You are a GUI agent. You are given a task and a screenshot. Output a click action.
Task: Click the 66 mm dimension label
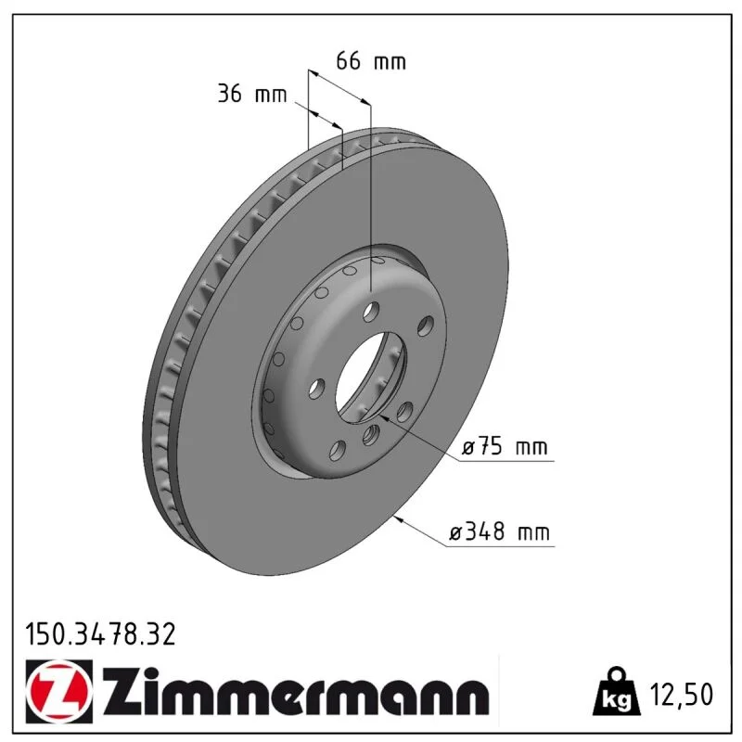click(371, 61)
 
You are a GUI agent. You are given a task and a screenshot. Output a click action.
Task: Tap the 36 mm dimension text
click(252, 94)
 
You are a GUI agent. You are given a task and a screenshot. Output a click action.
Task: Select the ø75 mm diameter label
click(505, 447)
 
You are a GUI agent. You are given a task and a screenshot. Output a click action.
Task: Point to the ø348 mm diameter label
click(499, 531)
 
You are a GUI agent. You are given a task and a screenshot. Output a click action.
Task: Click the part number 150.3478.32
click(100, 634)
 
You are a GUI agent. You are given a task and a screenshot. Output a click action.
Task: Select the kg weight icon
click(616, 691)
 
